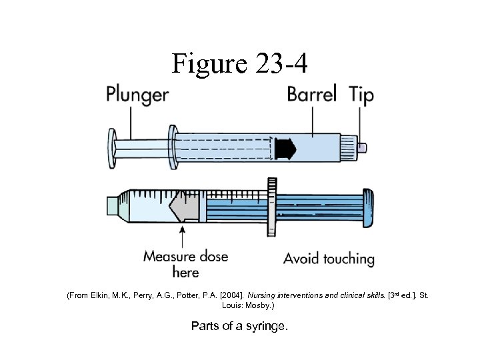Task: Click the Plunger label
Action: (137, 95)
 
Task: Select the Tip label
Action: (361, 95)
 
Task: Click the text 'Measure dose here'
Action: (185, 264)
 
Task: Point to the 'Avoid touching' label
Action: (329, 258)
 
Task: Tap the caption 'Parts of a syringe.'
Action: (240, 326)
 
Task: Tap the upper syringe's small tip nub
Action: (363, 147)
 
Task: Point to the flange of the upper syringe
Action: (172, 149)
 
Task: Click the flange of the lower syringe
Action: (271, 205)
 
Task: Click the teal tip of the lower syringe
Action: (111, 205)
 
